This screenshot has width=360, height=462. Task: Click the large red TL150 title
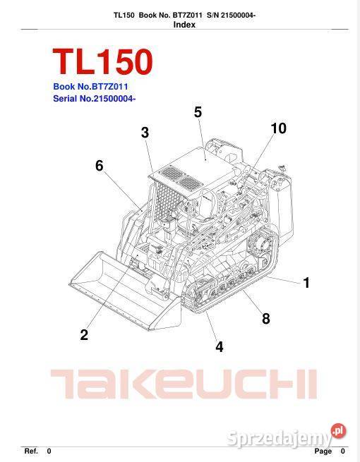[102, 63]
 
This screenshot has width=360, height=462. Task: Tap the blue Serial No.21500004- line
[94, 99]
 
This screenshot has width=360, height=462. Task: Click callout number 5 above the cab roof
[198, 111]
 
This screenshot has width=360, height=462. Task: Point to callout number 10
[278, 128]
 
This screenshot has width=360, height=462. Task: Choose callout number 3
[145, 133]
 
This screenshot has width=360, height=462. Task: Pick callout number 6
[100, 166]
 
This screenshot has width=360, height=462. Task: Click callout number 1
[306, 283]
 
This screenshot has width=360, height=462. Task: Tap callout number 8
[266, 318]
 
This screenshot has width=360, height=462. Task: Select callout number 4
[220, 346]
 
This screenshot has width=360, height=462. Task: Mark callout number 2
[84, 335]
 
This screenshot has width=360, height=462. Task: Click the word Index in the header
[184, 25]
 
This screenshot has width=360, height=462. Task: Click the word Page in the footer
[323, 451]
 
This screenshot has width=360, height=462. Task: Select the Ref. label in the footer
[31, 451]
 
